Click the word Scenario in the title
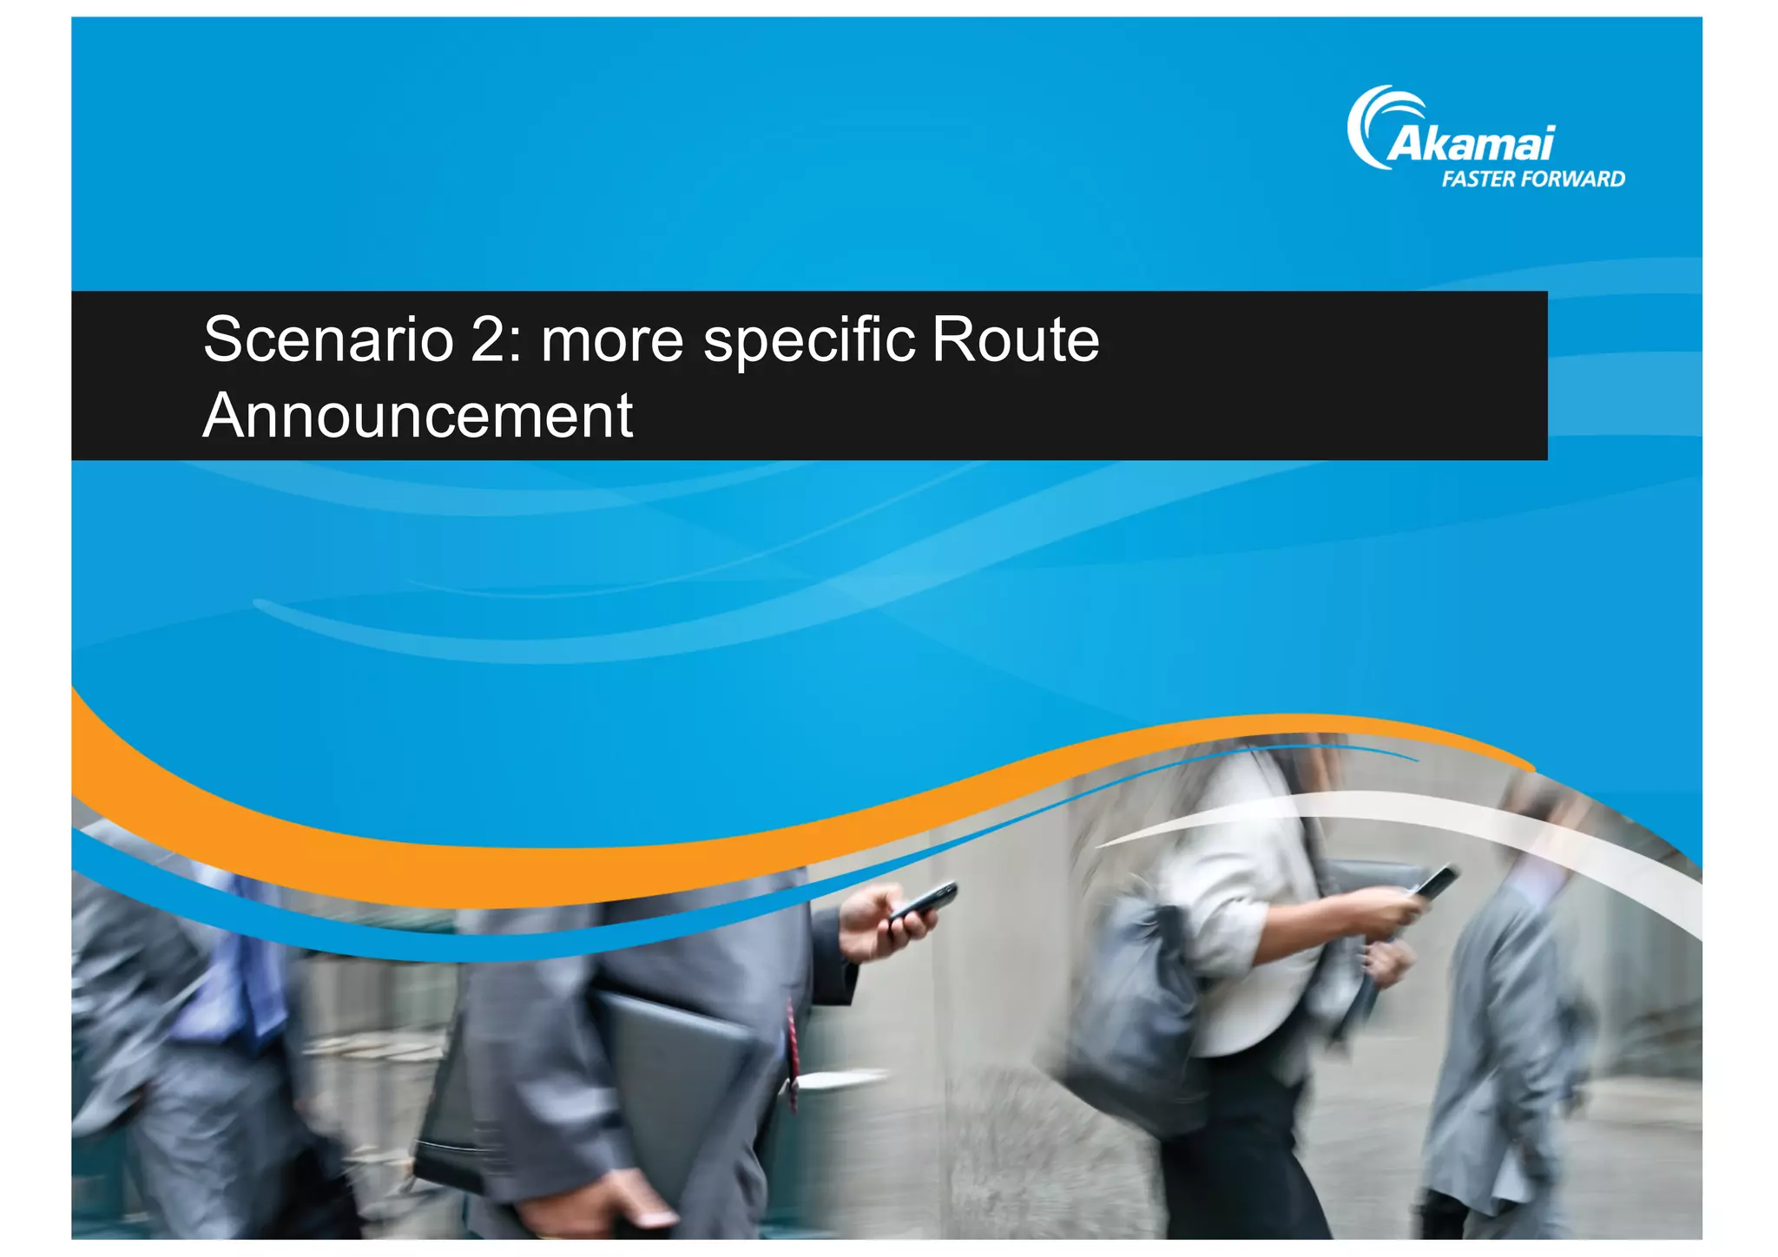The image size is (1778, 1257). [327, 339]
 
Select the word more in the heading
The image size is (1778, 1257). [612, 341]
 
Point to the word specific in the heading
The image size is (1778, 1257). [809, 341]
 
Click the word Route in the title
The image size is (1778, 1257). [1015, 339]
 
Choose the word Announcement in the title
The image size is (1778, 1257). [418, 416]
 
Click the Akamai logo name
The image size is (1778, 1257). [1471, 143]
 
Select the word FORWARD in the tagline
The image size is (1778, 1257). [1571, 180]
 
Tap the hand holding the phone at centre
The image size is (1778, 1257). [881, 925]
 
